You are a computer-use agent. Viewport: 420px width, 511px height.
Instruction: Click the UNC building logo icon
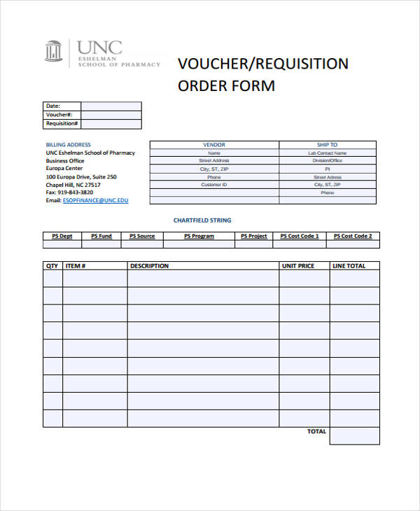coord(54,52)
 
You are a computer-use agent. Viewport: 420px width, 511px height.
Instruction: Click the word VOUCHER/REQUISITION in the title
coord(262,64)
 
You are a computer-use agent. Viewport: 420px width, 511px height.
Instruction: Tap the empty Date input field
coord(111,106)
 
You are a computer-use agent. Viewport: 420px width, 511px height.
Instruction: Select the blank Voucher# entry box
coord(111,115)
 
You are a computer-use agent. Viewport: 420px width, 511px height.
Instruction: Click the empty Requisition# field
coord(111,124)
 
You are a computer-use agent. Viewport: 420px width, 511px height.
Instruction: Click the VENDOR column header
coord(214,145)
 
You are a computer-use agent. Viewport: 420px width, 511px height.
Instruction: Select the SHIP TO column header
coord(327,145)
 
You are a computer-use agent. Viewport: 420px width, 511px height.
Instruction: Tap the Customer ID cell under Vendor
coord(214,185)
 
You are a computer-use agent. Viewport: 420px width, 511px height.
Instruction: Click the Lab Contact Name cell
coord(327,153)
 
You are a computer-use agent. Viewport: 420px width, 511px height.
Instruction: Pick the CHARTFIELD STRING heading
coord(202,220)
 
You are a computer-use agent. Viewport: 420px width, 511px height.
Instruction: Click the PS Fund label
coord(101,237)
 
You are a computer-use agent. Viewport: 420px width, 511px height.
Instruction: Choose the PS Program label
coord(199,237)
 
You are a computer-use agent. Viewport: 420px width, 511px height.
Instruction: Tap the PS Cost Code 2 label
coord(352,237)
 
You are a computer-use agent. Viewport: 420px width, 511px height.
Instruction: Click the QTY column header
coord(52,266)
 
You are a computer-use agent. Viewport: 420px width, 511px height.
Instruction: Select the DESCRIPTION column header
coord(149,266)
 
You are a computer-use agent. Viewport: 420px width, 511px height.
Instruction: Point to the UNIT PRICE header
coord(297,266)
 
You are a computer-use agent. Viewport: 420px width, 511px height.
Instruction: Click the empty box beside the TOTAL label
coord(354,435)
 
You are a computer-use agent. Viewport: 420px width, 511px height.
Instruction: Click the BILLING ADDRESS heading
coord(69,145)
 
